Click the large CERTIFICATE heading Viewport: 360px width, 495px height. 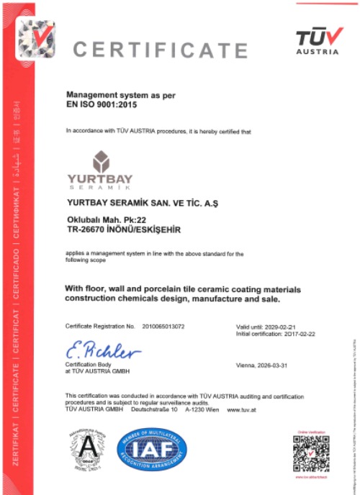160,50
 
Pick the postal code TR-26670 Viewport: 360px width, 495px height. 87,230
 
